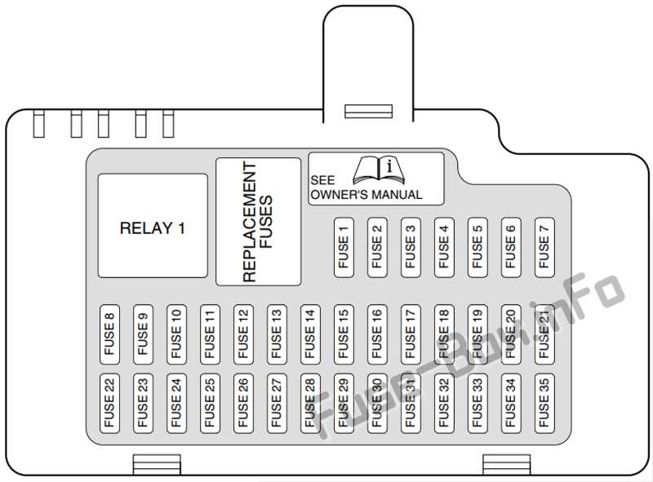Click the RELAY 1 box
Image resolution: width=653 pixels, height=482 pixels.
click(153, 226)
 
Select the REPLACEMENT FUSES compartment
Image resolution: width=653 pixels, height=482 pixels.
click(258, 222)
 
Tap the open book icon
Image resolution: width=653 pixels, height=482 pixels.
click(379, 170)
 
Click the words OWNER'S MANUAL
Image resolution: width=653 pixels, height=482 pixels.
click(366, 194)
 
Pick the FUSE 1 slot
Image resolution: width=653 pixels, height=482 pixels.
click(344, 247)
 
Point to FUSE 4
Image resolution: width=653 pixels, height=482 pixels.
click(444, 247)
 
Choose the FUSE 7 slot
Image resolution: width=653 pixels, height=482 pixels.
click(544, 247)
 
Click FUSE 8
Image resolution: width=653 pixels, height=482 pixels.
click(109, 334)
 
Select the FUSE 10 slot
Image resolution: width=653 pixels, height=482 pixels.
click(176, 334)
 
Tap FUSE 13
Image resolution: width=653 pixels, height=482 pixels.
click(277, 334)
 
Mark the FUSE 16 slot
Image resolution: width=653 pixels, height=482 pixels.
click(377, 334)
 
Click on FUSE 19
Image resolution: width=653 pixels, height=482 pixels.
click(478, 334)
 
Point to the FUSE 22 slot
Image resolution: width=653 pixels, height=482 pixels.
click(109, 404)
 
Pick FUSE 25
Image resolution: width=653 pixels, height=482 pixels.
click(210, 404)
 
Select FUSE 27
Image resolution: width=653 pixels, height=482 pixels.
click(277, 404)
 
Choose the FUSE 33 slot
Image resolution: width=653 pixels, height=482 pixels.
click(478, 404)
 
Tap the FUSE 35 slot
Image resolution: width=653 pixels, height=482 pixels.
click(544, 404)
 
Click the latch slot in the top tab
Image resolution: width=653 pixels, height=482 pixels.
click(369, 111)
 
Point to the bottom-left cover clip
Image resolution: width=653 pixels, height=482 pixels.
click(157, 465)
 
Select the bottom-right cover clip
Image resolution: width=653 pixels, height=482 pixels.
click(506, 465)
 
